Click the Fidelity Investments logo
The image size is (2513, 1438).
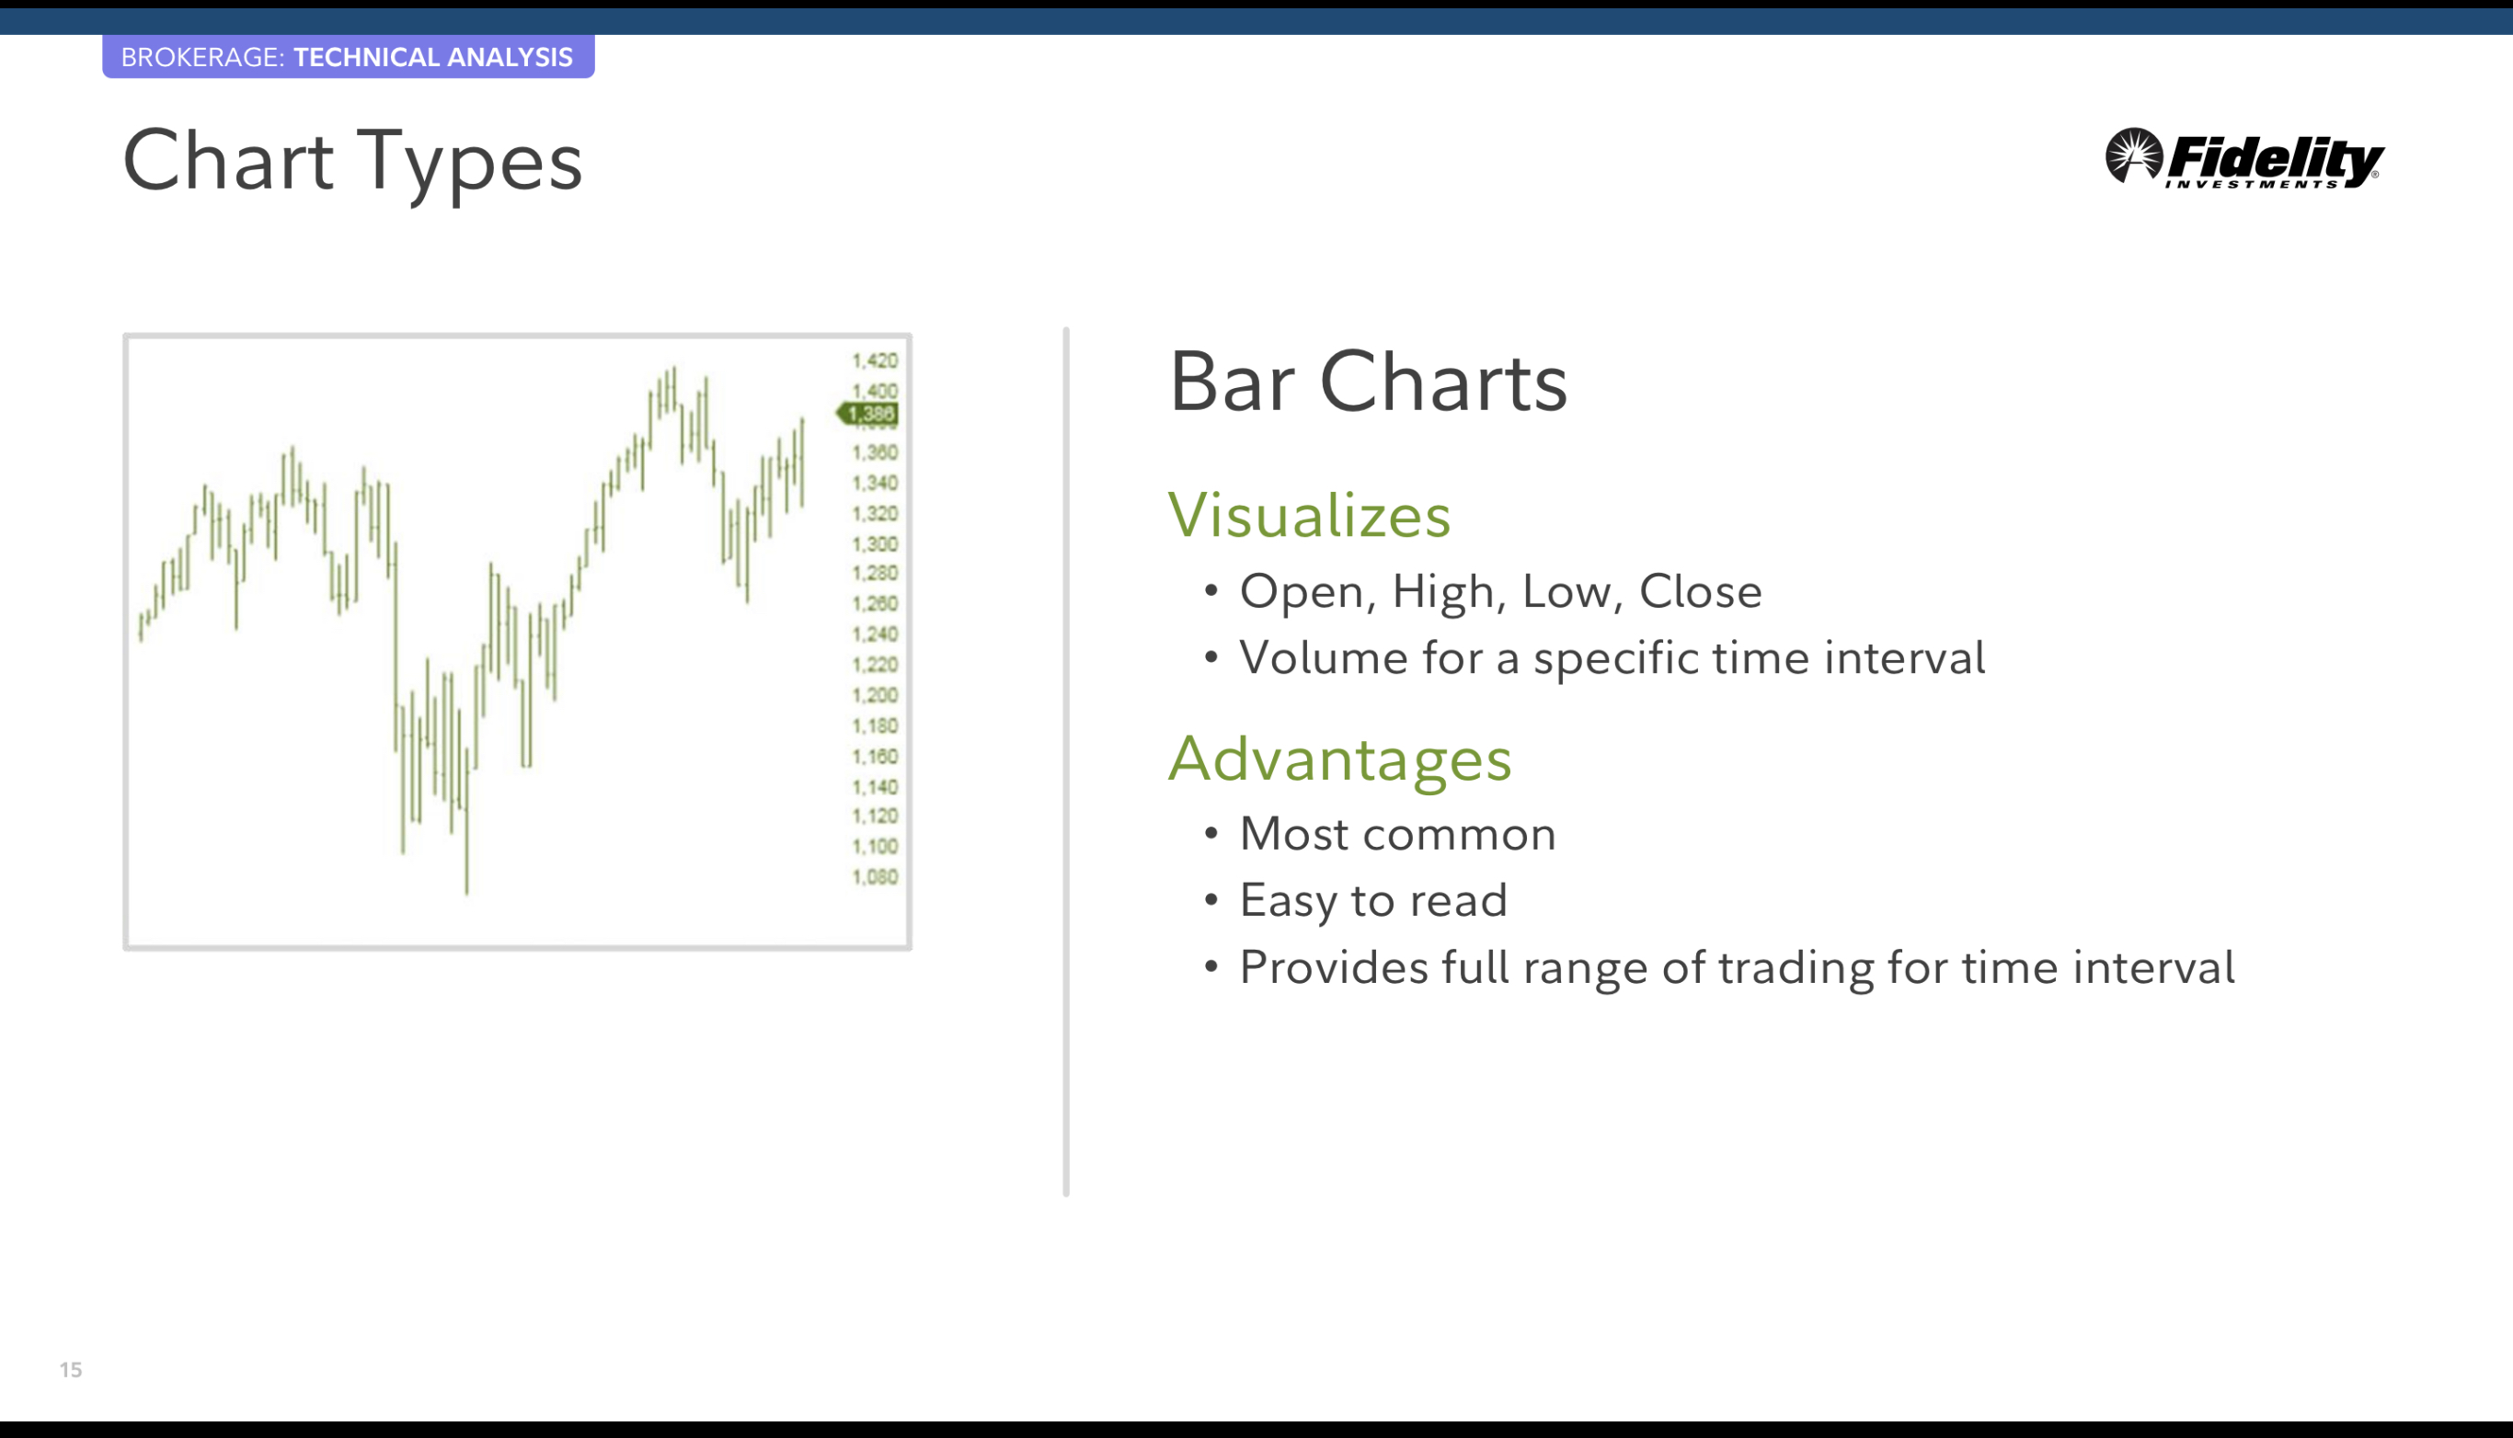(2244, 157)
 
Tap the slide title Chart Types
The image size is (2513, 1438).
(352, 161)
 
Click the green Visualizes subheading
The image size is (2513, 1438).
(1309, 515)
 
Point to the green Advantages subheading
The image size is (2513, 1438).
(1339, 759)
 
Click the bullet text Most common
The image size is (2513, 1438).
(1398, 834)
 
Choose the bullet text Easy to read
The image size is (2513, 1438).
(1373, 900)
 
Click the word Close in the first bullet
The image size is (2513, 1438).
(1700, 590)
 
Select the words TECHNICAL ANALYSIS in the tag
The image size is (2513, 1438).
(432, 57)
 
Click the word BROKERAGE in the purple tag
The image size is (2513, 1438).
(202, 57)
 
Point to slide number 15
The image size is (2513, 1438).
(70, 1370)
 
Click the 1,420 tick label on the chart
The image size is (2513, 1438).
(875, 361)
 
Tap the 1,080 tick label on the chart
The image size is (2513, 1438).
(875, 877)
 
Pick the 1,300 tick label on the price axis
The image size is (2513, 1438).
(875, 544)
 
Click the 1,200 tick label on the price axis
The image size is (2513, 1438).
(875, 695)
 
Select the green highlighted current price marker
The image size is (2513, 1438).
(867, 414)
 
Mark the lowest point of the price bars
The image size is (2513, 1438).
(467, 895)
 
